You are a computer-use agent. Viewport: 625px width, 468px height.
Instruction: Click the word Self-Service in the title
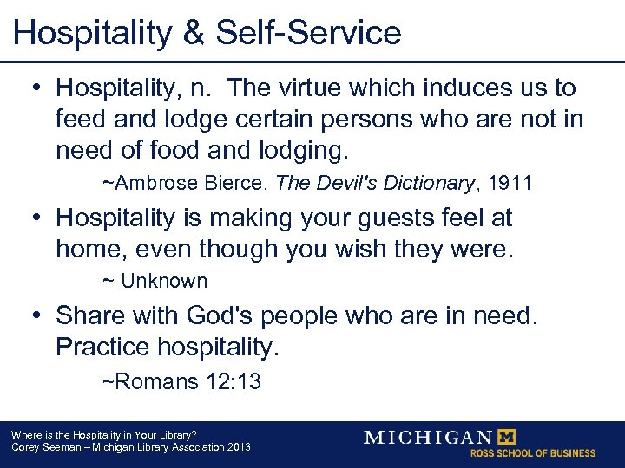[308, 33]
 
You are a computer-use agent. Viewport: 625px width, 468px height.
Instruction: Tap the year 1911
[510, 183]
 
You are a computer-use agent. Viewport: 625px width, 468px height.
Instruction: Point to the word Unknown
[164, 281]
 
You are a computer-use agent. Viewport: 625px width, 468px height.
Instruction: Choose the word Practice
[102, 348]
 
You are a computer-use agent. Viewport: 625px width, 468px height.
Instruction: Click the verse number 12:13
[232, 381]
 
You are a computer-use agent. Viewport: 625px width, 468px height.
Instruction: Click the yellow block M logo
[510, 437]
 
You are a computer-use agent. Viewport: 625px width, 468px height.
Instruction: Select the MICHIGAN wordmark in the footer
[428, 437]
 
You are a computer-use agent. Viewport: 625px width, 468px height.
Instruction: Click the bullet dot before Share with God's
[37, 316]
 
